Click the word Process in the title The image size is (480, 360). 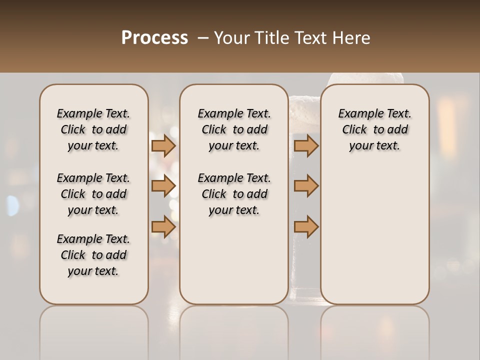[x=154, y=38]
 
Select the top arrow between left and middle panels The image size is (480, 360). [x=163, y=145]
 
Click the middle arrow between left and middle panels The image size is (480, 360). [x=163, y=186]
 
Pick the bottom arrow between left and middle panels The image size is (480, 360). [x=163, y=227]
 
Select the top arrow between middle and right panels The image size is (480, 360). [x=306, y=145]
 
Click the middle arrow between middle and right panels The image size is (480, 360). [x=306, y=186]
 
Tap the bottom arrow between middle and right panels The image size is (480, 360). [x=306, y=227]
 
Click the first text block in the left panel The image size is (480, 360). [x=93, y=129]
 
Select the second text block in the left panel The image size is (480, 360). [x=93, y=194]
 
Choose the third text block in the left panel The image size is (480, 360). [x=93, y=255]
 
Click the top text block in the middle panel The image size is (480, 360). [x=234, y=129]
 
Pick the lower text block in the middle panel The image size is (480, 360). [x=234, y=194]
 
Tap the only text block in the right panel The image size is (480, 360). [x=375, y=129]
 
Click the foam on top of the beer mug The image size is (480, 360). [x=365, y=78]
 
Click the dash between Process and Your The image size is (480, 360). [x=203, y=38]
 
